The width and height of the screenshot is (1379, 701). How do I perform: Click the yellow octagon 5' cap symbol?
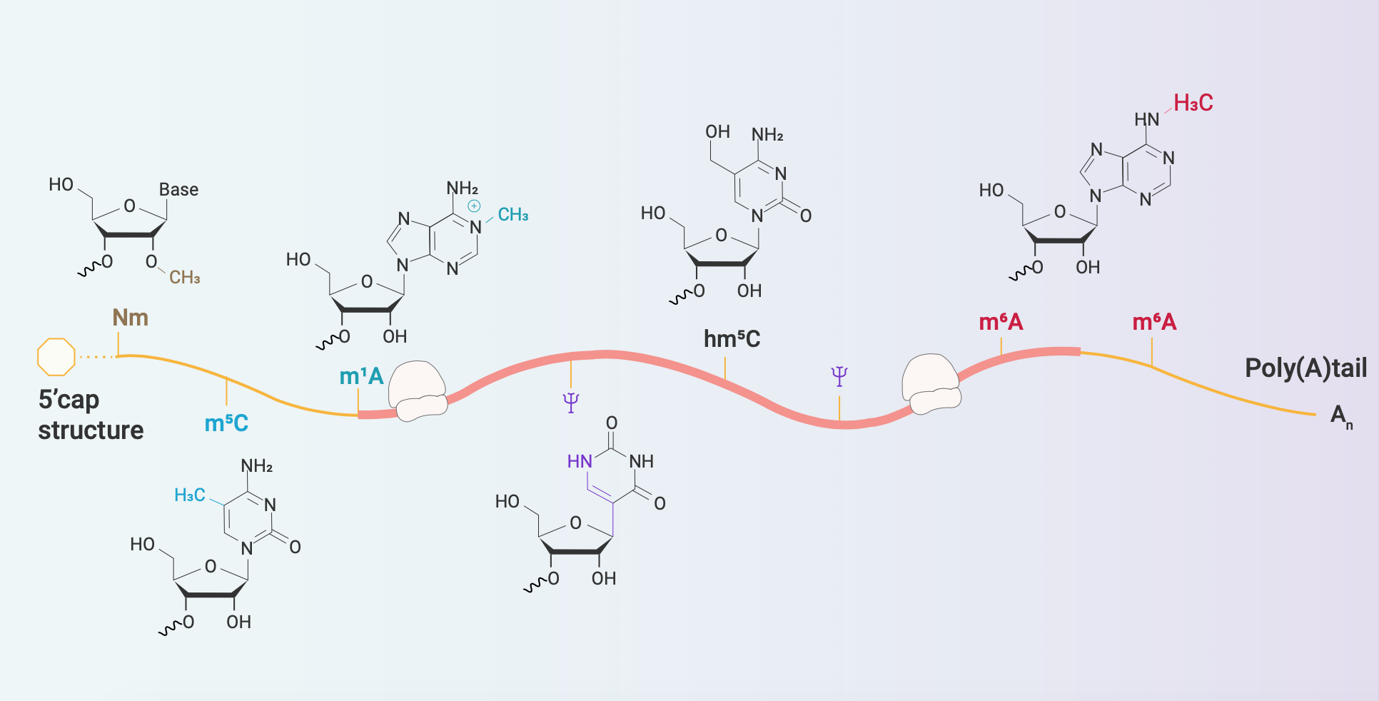[56, 356]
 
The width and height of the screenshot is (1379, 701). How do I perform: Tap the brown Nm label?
[131, 318]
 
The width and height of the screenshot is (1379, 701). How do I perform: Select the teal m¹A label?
[361, 376]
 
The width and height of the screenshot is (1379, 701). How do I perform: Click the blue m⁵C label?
[226, 423]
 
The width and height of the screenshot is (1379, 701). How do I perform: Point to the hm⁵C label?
[732, 338]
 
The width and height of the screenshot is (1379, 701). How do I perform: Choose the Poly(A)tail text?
[1306, 368]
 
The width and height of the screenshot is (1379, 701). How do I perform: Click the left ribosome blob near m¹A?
[418, 390]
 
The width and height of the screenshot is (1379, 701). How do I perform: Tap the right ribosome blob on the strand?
[931, 384]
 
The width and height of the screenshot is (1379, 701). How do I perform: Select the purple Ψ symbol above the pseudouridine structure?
[570, 403]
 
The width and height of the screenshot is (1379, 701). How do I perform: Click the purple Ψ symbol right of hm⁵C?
[839, 376]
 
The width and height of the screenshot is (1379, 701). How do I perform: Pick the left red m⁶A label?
[1001, 322]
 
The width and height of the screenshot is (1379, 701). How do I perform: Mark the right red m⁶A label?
[1154, 322]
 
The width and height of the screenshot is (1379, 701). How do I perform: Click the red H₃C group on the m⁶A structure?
[1193, 103]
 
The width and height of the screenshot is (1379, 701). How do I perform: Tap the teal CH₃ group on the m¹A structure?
[513, 215]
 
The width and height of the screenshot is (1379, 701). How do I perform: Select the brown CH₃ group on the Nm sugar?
[185, 277]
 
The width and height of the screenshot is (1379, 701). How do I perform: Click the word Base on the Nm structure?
[178, 190]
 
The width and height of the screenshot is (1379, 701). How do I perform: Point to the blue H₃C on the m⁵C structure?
[190, 495]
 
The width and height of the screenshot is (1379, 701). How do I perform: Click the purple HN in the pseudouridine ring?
[580, 462]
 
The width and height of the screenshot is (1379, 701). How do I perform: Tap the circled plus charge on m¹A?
[474, 206]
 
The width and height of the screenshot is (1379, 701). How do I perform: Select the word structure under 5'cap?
[91, 430]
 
